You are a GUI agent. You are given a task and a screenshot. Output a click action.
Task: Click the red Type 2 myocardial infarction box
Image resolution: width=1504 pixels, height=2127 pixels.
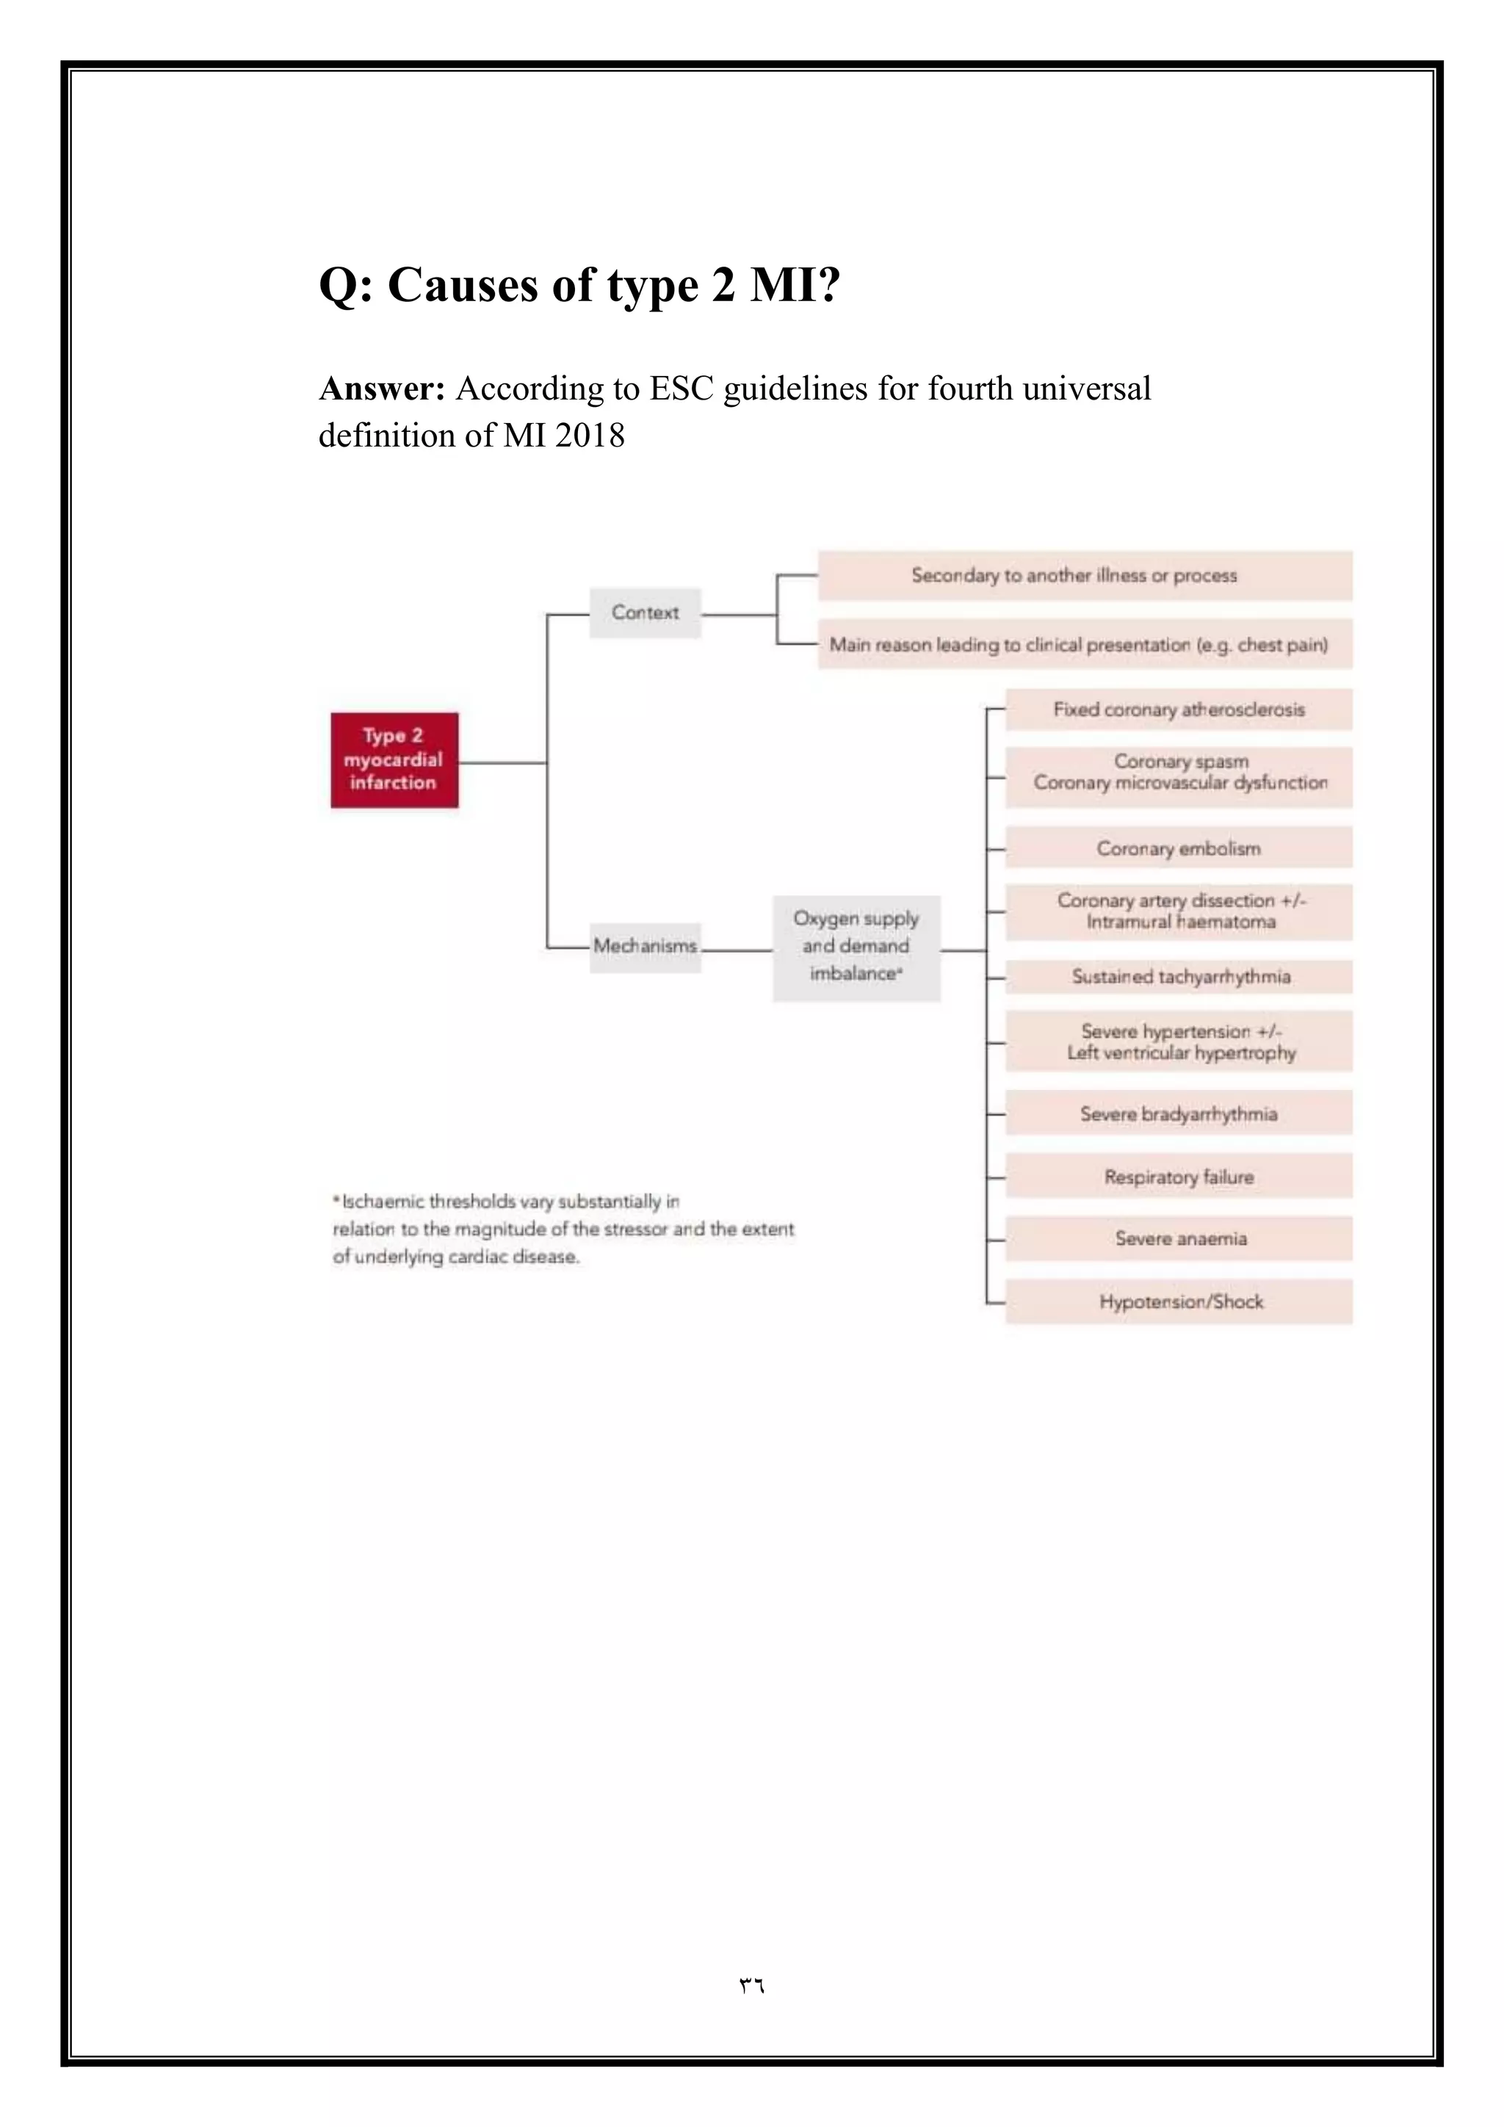[394, 759]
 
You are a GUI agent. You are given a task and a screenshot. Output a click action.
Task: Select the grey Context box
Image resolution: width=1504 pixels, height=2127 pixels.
[646, 613]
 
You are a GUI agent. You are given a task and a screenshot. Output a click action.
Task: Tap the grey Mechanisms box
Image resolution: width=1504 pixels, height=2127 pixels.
[646, 946]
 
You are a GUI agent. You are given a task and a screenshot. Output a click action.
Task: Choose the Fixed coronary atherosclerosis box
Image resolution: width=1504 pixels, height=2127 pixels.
[1179, 709]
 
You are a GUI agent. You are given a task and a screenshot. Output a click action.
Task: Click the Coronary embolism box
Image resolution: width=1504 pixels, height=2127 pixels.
[1179, 848]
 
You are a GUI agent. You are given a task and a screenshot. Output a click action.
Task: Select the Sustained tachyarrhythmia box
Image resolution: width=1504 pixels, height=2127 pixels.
[1179, 976]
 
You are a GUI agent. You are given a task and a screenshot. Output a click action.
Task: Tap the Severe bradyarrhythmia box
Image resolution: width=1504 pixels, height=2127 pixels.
[1179, 1113]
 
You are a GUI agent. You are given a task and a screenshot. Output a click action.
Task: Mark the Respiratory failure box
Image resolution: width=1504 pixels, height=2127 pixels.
[1179, 1177]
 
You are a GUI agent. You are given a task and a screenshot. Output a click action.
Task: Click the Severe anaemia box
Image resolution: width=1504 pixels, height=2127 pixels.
[1179, 1238]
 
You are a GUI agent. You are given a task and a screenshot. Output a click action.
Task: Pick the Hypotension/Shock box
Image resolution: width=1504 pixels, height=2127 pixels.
[1179, 1301]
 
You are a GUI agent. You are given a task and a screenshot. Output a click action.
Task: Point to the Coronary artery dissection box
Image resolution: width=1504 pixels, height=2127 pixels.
[1179, 911]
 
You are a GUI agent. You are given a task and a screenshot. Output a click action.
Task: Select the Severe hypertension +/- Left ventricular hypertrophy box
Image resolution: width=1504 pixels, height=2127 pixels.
[1179, 1042]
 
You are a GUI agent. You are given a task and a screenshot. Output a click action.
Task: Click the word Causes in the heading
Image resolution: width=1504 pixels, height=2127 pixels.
[463, 284]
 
